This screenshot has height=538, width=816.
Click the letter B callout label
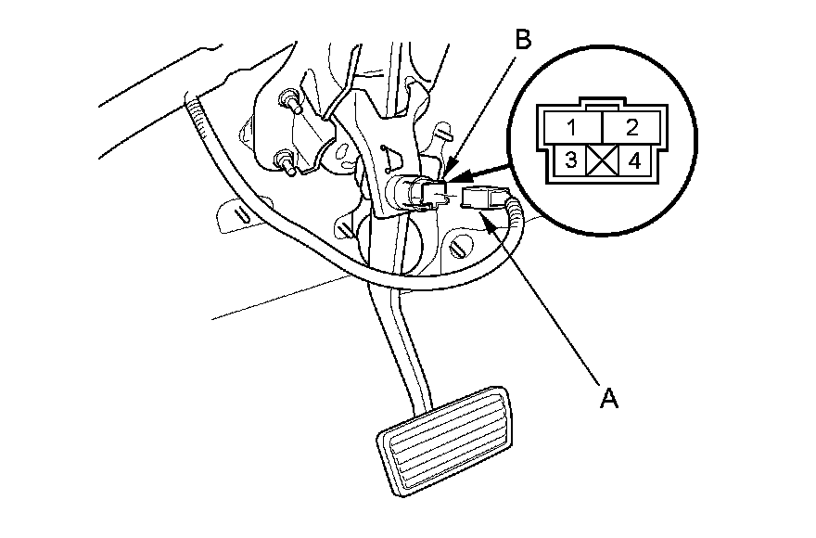523,39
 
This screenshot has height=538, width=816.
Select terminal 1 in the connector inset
572,126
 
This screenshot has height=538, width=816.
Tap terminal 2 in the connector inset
632,126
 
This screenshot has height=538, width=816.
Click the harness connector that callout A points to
481,198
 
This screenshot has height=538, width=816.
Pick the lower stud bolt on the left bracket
282,160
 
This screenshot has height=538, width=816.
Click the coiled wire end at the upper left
196,116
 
